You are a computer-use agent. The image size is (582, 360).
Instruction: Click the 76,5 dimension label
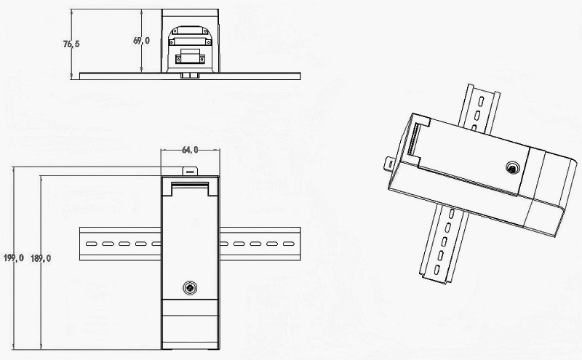pos(71,44)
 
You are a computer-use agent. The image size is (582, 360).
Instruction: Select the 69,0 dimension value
pos(141,41)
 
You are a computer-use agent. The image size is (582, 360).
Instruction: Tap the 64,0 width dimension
pos(190,150)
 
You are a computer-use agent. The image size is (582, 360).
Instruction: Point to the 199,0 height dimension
pos(14,257)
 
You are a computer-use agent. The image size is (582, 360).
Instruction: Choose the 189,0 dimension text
pos(41,258)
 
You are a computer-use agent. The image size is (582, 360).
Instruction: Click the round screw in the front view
pos(190,287)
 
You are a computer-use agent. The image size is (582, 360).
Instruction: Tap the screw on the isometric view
pos(513,168)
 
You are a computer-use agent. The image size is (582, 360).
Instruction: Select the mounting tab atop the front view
pos(190,171)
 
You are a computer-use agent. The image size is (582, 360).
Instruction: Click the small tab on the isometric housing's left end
pos(389,164)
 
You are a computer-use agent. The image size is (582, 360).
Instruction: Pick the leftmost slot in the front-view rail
pos(92,244)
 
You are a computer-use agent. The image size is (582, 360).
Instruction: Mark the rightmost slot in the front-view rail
pos(288,244)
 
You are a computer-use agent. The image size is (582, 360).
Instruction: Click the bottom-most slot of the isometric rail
pos(437,270)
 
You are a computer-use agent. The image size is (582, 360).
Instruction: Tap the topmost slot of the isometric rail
pos(481,101)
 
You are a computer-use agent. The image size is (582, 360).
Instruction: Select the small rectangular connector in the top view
pos(190,59)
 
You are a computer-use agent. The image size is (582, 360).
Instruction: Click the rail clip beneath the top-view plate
pos(190,76)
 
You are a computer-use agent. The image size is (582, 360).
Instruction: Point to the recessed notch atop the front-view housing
pos(190,188)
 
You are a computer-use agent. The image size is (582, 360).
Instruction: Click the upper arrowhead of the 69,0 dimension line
pos(141,12)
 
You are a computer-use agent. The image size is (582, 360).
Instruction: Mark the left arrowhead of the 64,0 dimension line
pos(163,150)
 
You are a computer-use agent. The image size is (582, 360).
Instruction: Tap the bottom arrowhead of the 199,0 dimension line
pos(14,347)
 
